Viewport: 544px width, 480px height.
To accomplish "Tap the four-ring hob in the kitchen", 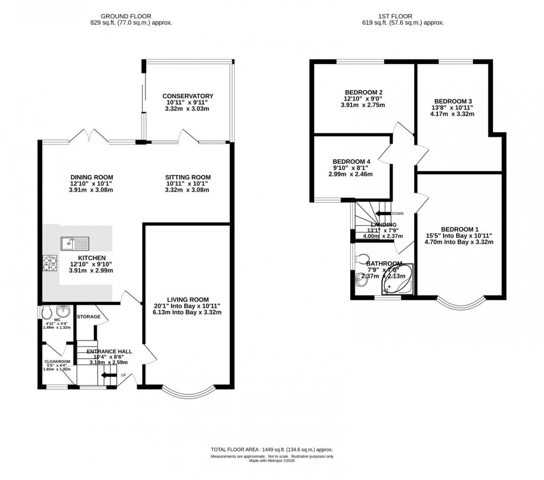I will coord(50,262).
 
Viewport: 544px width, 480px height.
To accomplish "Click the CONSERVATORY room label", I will coord(188,96).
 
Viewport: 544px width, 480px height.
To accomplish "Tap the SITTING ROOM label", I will coord(188,177).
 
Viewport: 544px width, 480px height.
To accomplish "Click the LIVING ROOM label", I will coord(188,299).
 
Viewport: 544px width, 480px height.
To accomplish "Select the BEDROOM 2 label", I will coord(364,92).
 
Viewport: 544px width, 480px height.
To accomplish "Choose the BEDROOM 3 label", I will coord(453,102).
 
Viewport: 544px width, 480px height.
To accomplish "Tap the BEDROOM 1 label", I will coord(460,229).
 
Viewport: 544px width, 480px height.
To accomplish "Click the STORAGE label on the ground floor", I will coord(89,317).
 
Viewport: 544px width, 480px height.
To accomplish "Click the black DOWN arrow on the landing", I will coord(382,213).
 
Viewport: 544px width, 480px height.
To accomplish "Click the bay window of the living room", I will coord(186,391).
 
